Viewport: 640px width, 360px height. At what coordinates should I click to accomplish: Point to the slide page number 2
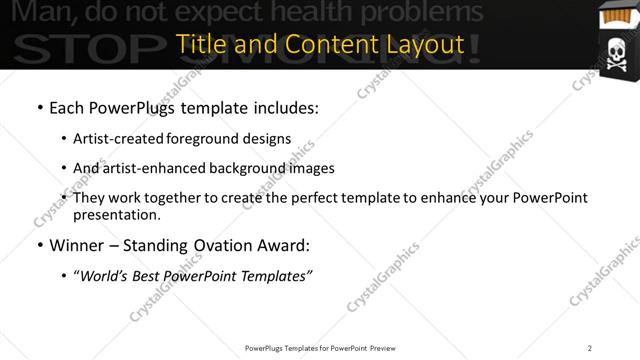coord(590,348)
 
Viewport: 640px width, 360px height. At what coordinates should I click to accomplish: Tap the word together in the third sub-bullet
coord(173,197)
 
